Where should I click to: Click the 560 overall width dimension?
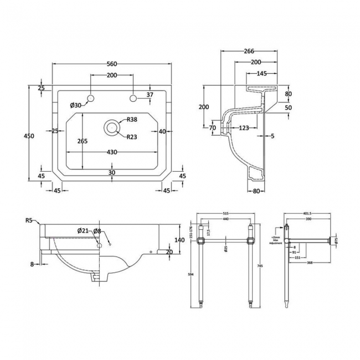point(112,58)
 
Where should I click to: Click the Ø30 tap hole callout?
point(76,105)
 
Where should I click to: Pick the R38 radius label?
point(132,120)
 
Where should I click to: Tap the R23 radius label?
point(132,137)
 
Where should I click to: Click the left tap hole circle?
point(92,99)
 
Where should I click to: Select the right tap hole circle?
point(133,99)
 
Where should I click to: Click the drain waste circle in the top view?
point(112,127)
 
